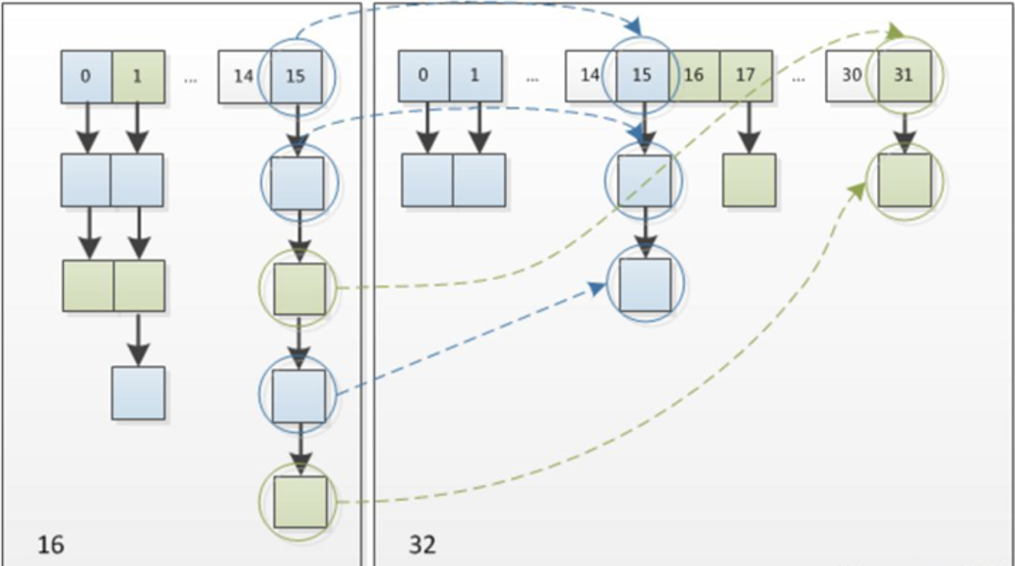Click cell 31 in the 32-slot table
click(x=905, y=77)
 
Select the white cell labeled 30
click(x=852, y=77)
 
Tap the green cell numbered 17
click(x=745, y=77)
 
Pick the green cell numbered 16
click(x=694, y=77)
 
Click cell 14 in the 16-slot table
click(x=244, y=77)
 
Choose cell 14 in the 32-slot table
click(x=591, y=77)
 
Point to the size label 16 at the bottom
click(x=51, y=544)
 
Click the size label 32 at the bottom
click(x=422, y=544)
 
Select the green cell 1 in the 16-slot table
click(x=138, y=77)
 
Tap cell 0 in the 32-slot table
click(x=423, y=77)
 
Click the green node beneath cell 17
click(x=749, y=180)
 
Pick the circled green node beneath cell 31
click(x=905, y=180)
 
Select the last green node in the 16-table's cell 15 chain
click(x=299, y=502)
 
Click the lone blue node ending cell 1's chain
click(x=138, y=393)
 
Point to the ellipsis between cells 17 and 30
click(x=798, y=80)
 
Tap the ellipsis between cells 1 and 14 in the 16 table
click(x=190, y=81)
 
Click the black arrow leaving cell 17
click(x=748, y=128)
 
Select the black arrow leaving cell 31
click(x=905, y=128)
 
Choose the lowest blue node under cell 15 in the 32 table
click(x=645, y=284)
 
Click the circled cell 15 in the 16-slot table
click(x=295, y=77)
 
